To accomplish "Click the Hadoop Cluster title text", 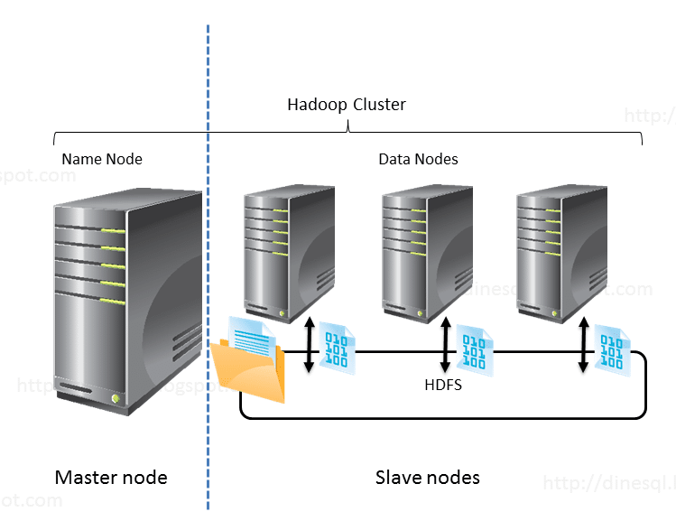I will pos(347,105).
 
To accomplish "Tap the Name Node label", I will pos(102,159).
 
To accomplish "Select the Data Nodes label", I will pos(418,159).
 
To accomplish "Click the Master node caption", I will pos(111,477).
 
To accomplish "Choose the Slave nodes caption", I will pos(427,477).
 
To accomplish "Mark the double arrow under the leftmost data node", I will pos(310,344).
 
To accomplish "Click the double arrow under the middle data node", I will pos(446,344).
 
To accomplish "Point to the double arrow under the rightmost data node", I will pos(584,344).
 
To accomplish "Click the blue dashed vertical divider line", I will pos(208,271).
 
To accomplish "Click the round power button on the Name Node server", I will pos(116,397).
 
